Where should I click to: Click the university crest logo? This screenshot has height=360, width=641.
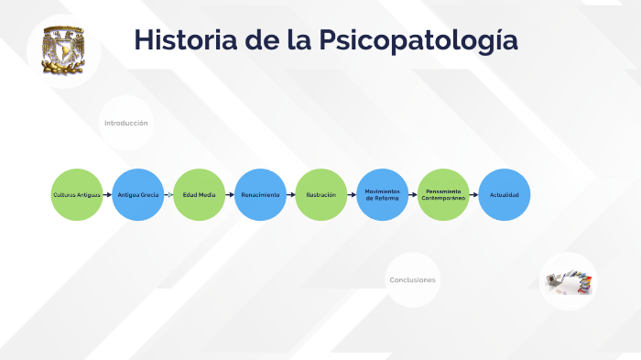point(63,51)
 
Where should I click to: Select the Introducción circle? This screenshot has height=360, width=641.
point(126,123)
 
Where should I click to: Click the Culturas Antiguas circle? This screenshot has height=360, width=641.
point(77,195)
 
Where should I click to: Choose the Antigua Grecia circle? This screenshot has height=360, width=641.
point(138,195)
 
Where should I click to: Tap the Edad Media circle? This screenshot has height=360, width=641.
point(199,195)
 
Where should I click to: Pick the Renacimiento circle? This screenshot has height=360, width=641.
point(260,195)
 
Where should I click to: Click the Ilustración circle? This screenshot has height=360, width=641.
point(321,195)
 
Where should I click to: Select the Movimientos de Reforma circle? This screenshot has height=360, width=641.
point(383,195)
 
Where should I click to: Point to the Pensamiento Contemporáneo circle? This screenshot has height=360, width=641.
point(444,195)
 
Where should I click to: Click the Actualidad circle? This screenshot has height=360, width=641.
point(505,195)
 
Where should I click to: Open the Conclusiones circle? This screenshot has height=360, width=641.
point(413,279)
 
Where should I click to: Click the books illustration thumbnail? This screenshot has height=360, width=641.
point(569,281)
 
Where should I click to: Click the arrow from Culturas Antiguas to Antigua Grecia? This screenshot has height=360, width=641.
point(108,195)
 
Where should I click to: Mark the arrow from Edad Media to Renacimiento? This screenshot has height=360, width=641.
point(230,195)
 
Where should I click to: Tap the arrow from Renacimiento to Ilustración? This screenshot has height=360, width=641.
point(291,195)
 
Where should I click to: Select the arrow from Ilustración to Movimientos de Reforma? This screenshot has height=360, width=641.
point(353,195)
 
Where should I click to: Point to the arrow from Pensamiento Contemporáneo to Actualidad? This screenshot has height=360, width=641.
point(474,195)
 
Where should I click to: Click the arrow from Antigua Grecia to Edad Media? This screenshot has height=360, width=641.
point(168,195)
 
